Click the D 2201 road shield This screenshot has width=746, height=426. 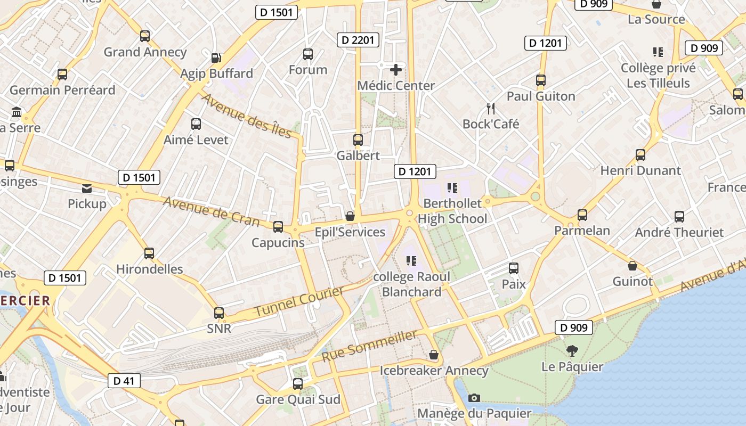tap(358, 40)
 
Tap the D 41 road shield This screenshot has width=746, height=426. tap(124, 380)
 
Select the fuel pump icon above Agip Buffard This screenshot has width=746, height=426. tap(216, 58)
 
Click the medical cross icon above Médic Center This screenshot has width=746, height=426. tap(396, 70)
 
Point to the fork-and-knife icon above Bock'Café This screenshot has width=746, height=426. tap(491, 109)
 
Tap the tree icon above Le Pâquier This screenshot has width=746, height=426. tap(572, 351)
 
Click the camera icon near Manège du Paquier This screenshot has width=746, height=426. tap(474, 398)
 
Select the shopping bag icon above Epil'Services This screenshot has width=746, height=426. tap(350, 216)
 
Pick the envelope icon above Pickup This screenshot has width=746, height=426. tap(87, 188)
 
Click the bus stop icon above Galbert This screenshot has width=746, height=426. tap(358, 140)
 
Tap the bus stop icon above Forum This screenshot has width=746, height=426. tap(308, 54)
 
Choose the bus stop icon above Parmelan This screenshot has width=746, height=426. tap(582, 215)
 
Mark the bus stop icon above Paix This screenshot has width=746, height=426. tap(514, 268)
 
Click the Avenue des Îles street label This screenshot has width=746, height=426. tap(247, 116)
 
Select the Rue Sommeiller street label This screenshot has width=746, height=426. tap(369, 346)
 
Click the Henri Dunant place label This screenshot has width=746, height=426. tap(640, 170)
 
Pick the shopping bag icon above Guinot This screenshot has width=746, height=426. tap(633, 266)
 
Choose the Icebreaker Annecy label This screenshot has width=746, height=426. tap(434, 371)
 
